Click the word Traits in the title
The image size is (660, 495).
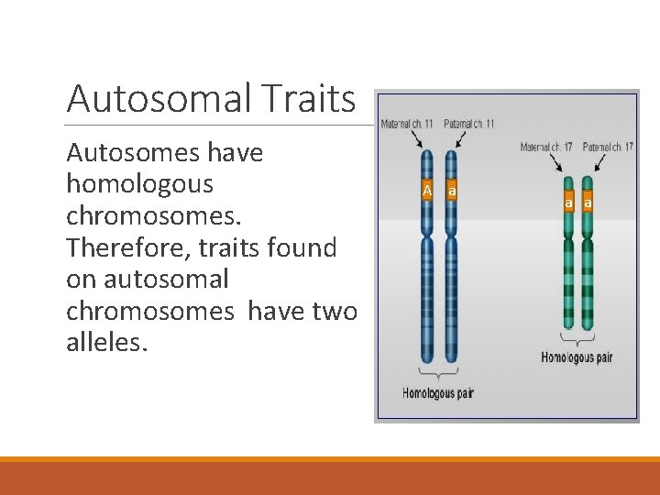coord(308,98)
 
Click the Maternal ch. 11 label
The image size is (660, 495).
coord(407,124)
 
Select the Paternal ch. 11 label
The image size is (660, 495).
coord(468,124)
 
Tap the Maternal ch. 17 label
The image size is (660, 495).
coord(547,147)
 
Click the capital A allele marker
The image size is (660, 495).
coord(426,191)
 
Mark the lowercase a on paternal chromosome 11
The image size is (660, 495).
coord(452,191)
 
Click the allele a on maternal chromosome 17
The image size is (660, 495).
coord(568,203)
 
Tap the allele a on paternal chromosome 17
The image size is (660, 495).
coord(588,203)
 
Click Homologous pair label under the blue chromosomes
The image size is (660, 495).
coord(437,393)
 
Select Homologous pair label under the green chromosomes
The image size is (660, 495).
coord(577,357)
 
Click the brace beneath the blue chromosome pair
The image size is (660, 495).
coord(439,374)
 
